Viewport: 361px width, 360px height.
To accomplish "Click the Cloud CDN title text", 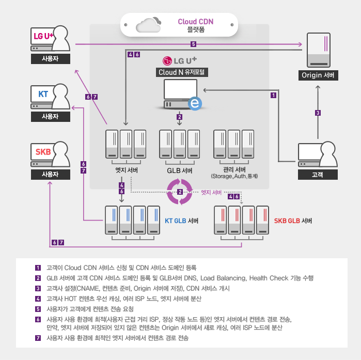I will [195, 22].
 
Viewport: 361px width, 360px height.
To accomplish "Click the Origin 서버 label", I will [318, 75].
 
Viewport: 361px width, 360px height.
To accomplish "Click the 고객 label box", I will [318, 174].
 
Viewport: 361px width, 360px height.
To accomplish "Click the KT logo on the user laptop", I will [43, 95].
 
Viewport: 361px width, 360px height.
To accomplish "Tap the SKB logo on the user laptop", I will [43, 152].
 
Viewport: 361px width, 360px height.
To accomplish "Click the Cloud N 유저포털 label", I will [180, 72].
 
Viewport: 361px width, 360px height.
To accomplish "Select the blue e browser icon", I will [195, 104].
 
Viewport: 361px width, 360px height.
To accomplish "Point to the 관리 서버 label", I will [234, 169].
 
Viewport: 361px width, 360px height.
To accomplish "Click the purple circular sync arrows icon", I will [180, 192].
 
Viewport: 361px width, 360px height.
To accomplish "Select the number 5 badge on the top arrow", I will [193, 44].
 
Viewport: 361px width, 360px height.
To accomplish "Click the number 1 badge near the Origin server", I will [273, 96].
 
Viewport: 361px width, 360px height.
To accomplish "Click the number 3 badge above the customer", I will [318, 113].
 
